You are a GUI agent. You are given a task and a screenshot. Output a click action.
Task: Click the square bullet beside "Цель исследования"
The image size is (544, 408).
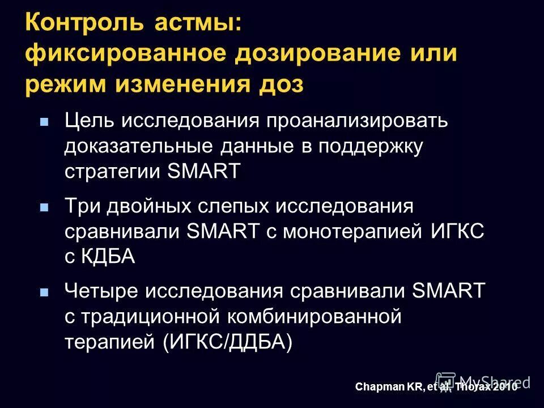(44, 121)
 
